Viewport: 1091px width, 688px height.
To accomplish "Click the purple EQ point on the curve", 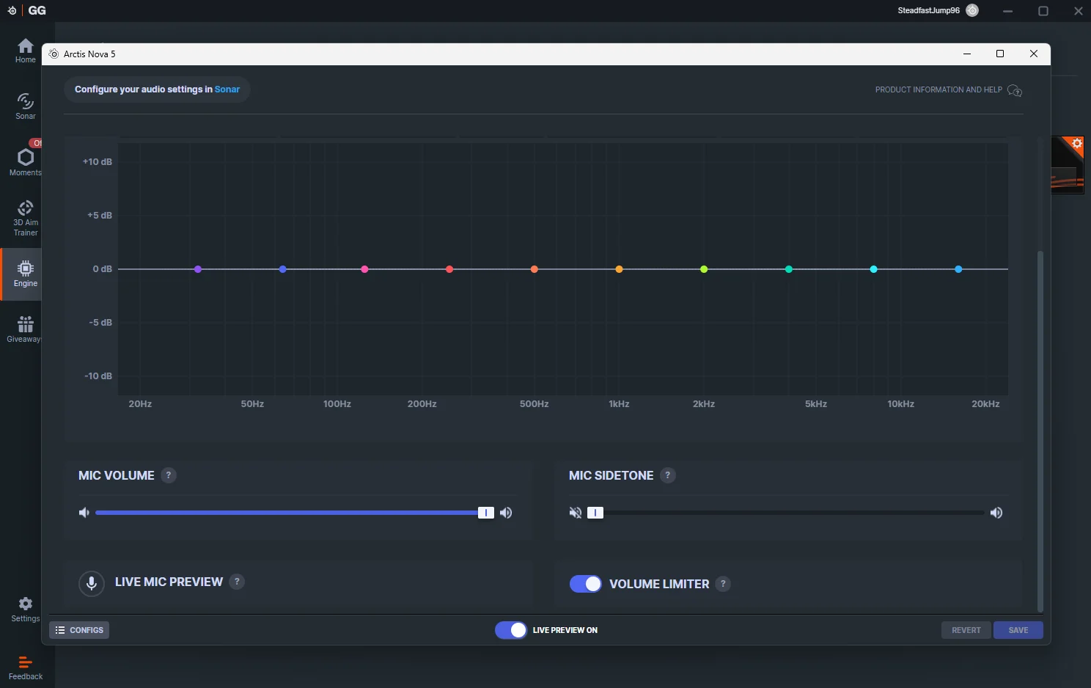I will (198, 269).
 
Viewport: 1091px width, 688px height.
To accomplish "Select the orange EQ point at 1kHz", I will (619, 269).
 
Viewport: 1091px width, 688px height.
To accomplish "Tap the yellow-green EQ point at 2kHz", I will (704, 269).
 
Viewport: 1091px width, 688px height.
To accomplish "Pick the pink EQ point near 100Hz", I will (364, 269).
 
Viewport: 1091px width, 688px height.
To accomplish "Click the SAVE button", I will (1018, 630).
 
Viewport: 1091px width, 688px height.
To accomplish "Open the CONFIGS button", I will (79, 630).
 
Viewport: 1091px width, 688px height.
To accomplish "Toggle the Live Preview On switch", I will (511, 630).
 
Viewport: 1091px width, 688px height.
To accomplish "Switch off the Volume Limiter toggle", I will (586, 584).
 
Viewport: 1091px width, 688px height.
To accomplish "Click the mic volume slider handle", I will (485, 513).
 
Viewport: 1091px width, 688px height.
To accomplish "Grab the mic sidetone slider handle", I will (595, 513).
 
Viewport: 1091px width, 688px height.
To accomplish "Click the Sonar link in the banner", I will (227, 89).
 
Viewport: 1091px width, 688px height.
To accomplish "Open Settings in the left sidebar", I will (26, 609).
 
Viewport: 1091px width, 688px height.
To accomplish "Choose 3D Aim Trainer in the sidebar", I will (26, 218).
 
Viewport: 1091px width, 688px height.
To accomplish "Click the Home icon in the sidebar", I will (26, 51).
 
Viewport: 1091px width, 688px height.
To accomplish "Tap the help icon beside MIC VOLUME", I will (169, 475).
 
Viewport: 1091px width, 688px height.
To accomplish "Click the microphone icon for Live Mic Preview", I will (92, 583).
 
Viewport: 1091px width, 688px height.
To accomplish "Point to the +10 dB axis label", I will (98, 161).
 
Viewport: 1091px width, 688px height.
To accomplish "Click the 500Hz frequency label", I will (534, 404).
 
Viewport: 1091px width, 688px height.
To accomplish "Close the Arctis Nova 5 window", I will (1034, 54).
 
